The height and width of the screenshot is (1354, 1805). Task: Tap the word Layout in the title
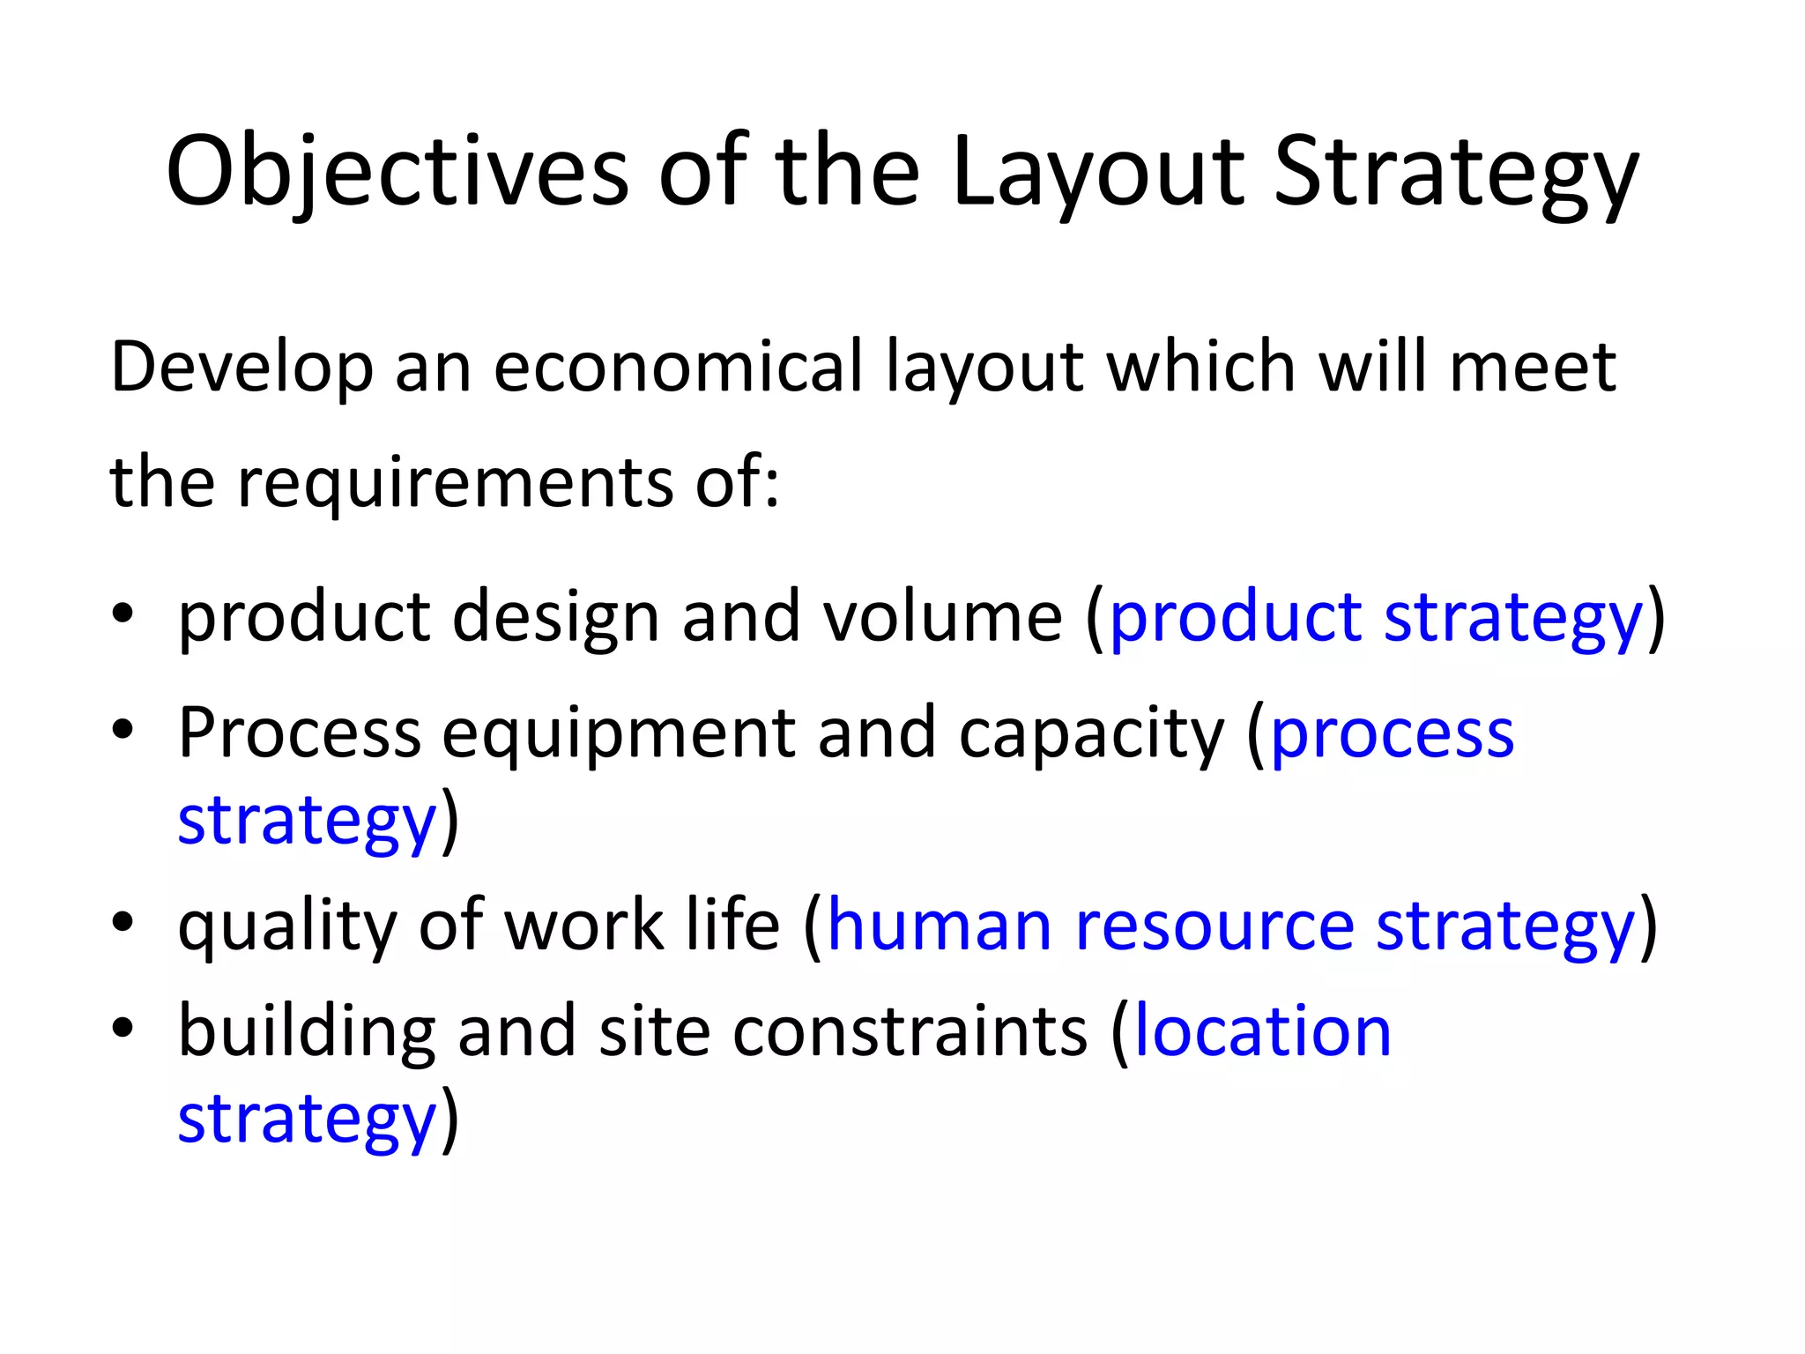(x=1097, y=172)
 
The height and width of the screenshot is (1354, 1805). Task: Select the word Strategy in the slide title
(x=1455, y=172)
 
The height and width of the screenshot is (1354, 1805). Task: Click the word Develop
(x=241, y=368)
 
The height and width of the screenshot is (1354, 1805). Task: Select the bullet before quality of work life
(x=123, y=921)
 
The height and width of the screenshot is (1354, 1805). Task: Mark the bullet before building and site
(x=123, y=1027)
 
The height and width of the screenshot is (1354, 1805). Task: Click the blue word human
(x=939, y=926)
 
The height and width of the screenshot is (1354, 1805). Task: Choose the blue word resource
(x=1214, y=926)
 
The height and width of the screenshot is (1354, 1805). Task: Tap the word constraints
(x=910, y=1030)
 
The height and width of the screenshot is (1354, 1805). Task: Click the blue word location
(x=1262, y=1030)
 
